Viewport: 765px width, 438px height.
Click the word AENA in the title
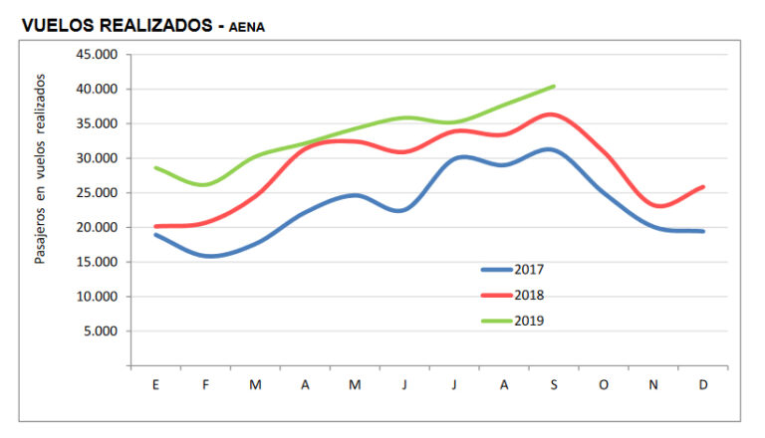[246, 28]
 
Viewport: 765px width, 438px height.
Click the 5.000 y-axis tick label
[102, 331]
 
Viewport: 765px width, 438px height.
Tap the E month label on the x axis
[155, 385]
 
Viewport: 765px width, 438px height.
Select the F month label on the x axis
[205, 385]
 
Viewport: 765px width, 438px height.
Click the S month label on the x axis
[553, 385]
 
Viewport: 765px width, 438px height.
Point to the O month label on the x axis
[603, 385]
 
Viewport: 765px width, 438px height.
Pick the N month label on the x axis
[652, 385]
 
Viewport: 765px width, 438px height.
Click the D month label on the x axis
[702, 385]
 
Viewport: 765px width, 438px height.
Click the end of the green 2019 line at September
[554, 87]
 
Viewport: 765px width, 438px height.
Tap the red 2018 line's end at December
[703, 186]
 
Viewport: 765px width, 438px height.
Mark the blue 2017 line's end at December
[703, 231]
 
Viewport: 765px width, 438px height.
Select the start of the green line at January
[156, 168]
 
